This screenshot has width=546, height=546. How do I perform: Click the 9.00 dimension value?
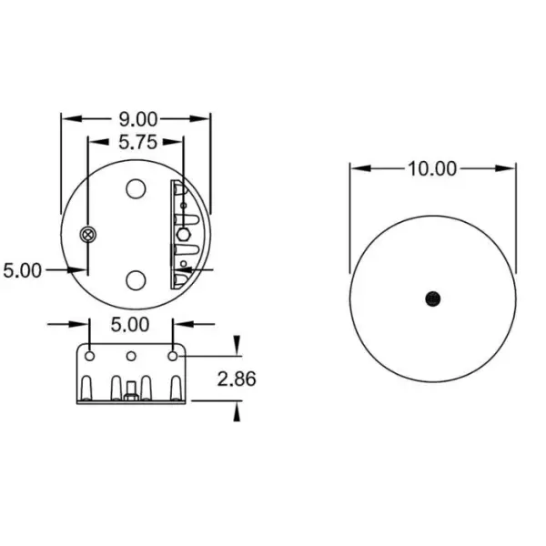click(x=136, y=119)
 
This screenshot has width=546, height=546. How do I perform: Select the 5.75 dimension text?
click(x=136, y=141)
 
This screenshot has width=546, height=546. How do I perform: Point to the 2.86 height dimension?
click(x=238, y=378)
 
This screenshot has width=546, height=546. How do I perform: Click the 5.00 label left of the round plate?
click(x=22, y=270)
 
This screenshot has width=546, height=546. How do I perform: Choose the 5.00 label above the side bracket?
click(x=130, y=323)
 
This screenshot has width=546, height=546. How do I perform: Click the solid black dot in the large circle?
click(x=433, y=298)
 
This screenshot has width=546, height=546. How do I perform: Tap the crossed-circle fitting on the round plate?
click(x=87, y=236)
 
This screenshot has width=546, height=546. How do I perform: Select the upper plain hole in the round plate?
click(x=136, y=189)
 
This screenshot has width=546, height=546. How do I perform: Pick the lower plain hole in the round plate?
click(x=136, y=279)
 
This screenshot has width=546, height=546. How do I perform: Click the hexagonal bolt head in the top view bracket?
click(x=184, y=234)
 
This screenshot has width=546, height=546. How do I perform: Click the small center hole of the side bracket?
click(x=131, y=355)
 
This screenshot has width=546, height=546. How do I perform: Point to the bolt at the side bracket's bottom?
click(x=132, y=390)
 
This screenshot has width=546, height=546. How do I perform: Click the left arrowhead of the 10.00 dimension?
click(x=356, y=168)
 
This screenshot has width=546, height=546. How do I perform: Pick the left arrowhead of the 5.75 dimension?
click(x=92, y=141)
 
